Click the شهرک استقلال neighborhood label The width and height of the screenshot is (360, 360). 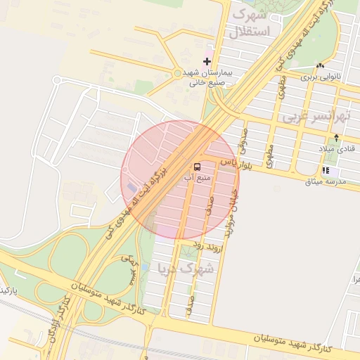(x=250, y=22)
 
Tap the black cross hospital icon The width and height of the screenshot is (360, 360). (x=207, y=62)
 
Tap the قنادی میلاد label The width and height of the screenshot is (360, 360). (x=340, y=149)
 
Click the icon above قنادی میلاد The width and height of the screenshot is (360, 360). (x=336, y=138)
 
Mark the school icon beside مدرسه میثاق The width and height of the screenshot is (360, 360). (x=325, y=170)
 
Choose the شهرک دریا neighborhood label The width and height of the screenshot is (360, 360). (x=174, y=268)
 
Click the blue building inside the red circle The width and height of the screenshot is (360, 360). (x=131, y=187)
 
